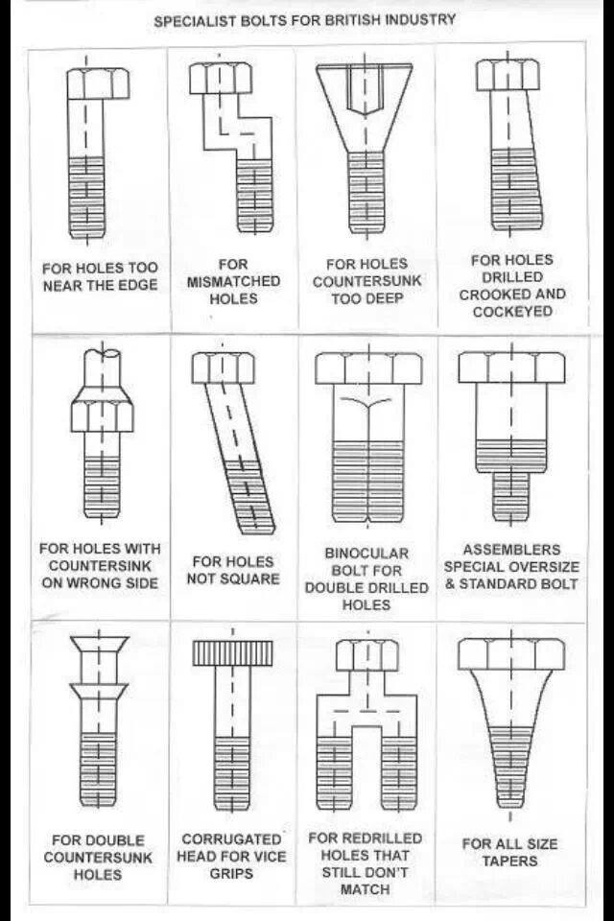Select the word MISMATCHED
(x=233, y=281)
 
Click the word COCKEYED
(x=513, y=311)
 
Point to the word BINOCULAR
(x=366, y=554)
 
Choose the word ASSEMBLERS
(x=511, y=550)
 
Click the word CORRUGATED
(x=231, y=839)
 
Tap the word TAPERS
(x=510, y=862)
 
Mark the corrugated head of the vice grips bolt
(x=233, y=653)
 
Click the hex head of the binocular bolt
(x=368, y=368)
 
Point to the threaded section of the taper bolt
(x=510, y=766)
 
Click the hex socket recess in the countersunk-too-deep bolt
(x=365, y=88)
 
